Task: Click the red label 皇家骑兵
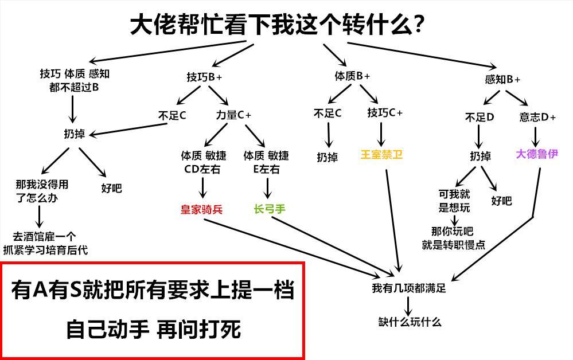pos(201,210)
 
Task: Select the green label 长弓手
pos(269,209)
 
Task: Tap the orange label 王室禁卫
pos(381,155)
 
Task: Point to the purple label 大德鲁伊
pos(536,154)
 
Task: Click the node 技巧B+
pos(204,77)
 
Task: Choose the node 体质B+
pos(352,76)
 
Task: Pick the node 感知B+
pos(502,80)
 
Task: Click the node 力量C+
pos(233,115)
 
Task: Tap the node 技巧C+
pos(385,113)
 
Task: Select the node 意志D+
pos(537,118)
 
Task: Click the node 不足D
pos(480,118)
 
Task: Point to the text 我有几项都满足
pos(408,288)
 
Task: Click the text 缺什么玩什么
pos(410,322)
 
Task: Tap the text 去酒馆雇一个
pos(44,236)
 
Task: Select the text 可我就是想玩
pos(454,201)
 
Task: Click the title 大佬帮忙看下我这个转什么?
pos(276,25)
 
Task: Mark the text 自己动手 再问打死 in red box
pos(153,330)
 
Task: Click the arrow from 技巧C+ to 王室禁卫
pos(381,134)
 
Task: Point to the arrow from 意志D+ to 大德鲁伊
pos(536,136)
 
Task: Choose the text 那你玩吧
pos(453,232)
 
